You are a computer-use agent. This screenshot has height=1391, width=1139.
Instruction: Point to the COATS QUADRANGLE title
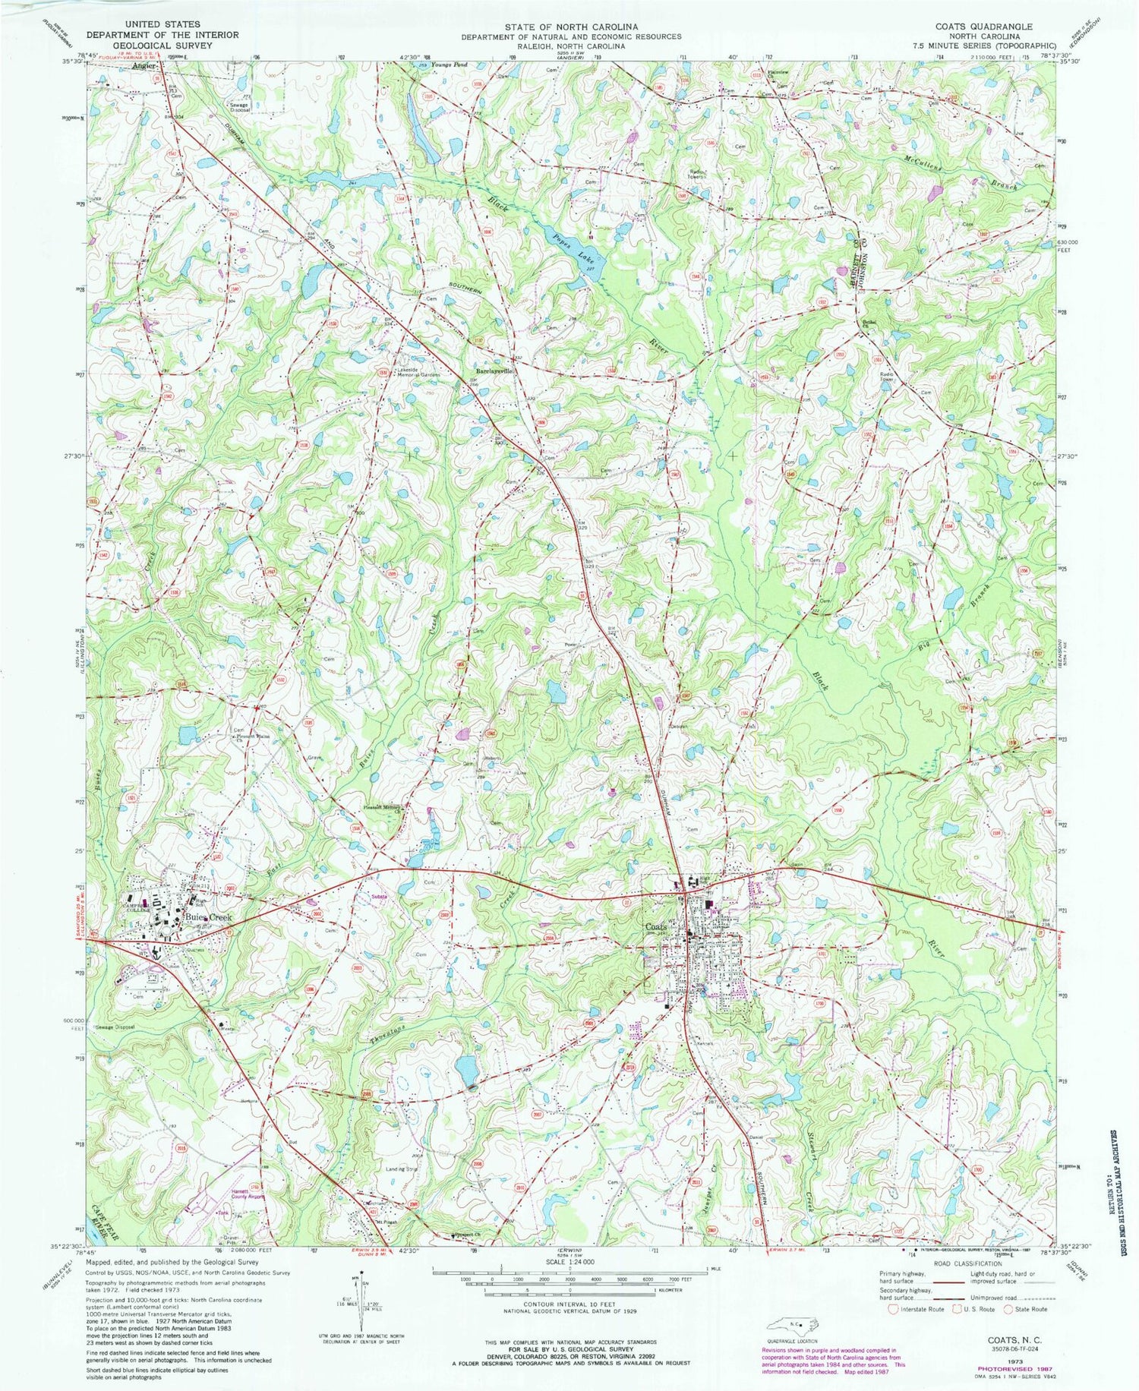point(983,26)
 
